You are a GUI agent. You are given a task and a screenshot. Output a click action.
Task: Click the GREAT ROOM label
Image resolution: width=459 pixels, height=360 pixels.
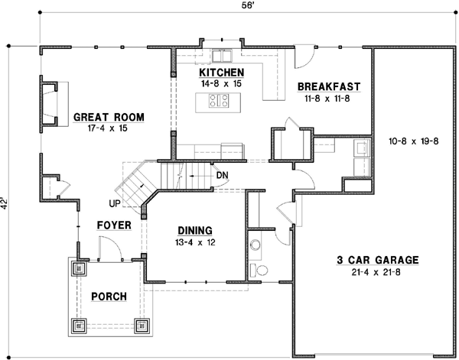coord(109,117)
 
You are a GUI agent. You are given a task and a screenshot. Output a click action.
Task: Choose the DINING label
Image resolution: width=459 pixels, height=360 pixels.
coord(194,229)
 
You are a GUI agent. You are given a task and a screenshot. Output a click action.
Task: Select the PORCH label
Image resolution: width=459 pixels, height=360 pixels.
coord(108,297)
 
